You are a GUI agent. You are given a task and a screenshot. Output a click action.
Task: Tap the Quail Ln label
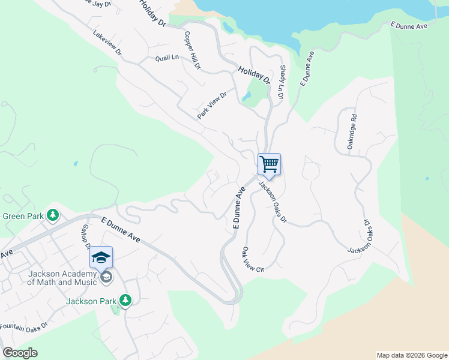tap(167, 58)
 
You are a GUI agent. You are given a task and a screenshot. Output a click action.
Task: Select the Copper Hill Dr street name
tap(193, 50)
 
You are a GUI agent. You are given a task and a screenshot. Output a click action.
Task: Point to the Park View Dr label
tap(212, 105)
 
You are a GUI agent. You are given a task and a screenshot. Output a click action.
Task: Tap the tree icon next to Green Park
tap(53, 215)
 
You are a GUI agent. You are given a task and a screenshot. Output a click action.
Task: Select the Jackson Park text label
tap(90, 301)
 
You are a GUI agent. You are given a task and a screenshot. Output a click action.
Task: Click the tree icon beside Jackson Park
tap(125, 299)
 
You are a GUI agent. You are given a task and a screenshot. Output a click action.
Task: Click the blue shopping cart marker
tap(270, 164)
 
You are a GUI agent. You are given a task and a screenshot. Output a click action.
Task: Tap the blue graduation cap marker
tap(101, 258)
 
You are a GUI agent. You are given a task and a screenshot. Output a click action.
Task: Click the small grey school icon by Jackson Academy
tap(106, 277)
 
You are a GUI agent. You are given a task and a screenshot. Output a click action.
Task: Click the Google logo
tap(20, 353)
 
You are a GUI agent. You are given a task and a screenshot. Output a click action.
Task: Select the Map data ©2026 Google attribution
tap(412, 355)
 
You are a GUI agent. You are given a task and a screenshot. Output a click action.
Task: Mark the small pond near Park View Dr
tap(247, 96)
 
